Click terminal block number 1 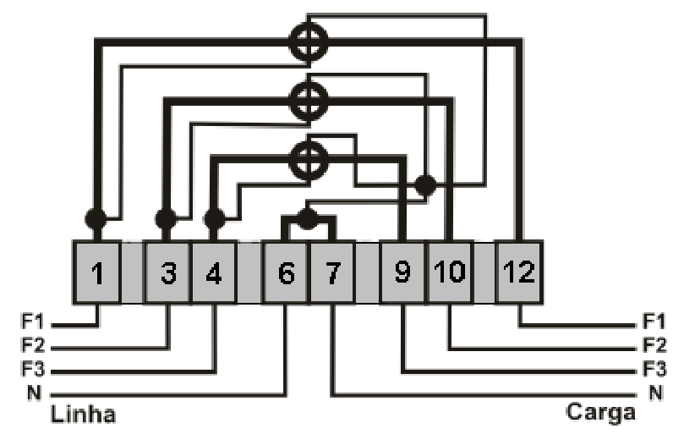click(x=96, y=272)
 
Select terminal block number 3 click(x=168, y=272)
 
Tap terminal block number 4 click(x=214, y=272)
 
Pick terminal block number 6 click(x=286, y=272)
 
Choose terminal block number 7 click(x=332, y=272)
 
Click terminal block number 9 click(x=402, y=272)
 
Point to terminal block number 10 click(x=450, y=272)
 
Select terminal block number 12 click(x=519, y=272)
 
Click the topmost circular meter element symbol click(x=309, y=42)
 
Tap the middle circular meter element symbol click(x=309, y=102)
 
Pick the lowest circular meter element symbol click(x=309, y=160)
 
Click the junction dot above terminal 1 click(x=96, y=219)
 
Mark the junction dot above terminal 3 click(x=167, y=219)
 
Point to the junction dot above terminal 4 click(x=214, y=219)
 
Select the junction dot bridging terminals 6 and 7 click(x=308, y=219)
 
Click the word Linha click(x=84, y=414)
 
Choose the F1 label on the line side click(x=33, y=321)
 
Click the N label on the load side click(x=655, y=393)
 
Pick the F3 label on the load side click(x=654, y=369)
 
